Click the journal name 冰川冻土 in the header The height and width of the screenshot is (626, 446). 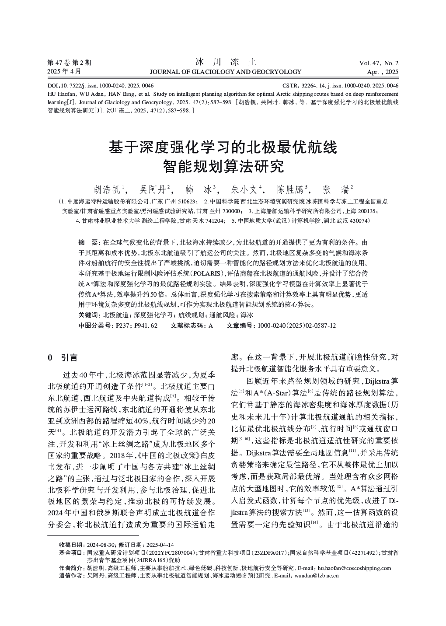click(x=225, y=62)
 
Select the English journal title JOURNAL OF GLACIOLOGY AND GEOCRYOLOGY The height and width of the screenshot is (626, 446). click(x=225, y=72)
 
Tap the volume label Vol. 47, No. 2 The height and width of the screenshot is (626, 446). click(x=378, y=63)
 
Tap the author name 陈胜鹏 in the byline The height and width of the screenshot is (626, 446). click(x=291, y=189)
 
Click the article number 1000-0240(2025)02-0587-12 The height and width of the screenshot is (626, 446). click(x=297, y=325)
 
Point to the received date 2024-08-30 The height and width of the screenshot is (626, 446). click(x=101, y=545)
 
